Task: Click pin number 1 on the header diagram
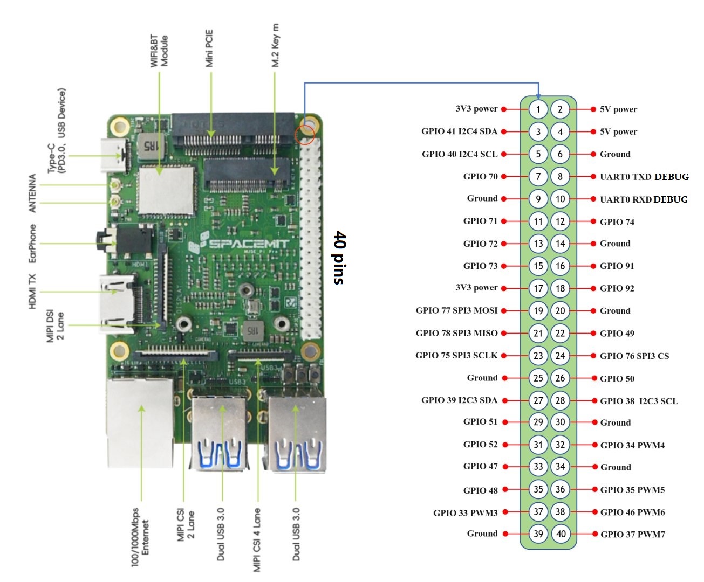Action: click(x=538, y=109)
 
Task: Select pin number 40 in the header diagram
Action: click(x=561, y=534)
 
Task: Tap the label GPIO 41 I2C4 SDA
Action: click(x=459, y=131)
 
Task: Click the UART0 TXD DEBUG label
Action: click(x=644, y=177)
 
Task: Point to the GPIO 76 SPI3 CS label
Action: click(x=634, y=356)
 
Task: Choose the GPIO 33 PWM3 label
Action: click(x=465, y=512)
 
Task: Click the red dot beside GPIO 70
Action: click(x=504, y=176)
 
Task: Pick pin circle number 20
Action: click(x=561, y=311)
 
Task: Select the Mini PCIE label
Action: click(x=209, y=48)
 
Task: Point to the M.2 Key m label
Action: click(x=275, y=45)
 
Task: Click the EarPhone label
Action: click(x=33, y=244)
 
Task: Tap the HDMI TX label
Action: click(x=33, y=292)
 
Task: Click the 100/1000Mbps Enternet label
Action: click(x=141, y=537)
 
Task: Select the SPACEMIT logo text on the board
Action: click(x=248, y=244)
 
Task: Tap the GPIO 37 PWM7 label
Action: click(x=632, y=535)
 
